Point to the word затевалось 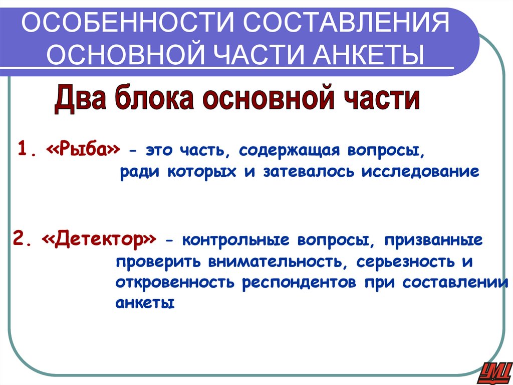(x=307, y=172)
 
